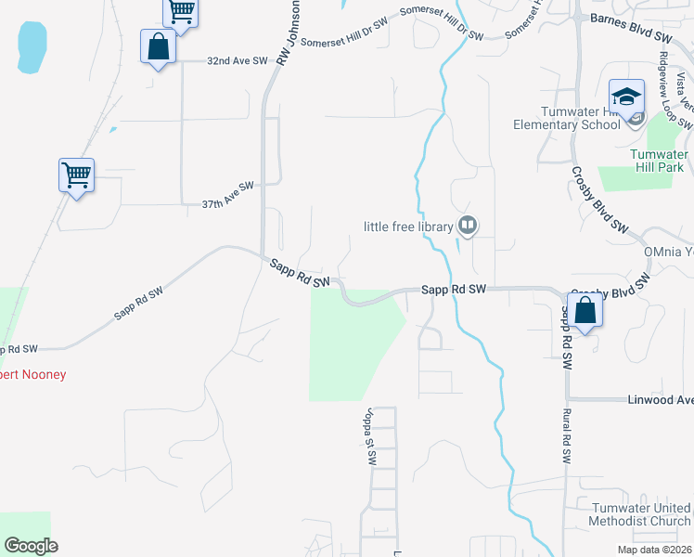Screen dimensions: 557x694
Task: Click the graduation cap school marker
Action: point(626,97)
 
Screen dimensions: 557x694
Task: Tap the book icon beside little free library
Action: point(468,226)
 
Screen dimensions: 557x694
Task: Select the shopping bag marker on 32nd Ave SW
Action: point(158,47)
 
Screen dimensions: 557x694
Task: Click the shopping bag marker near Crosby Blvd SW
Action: point(585,312)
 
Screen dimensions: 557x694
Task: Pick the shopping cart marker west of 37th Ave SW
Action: point(76,175)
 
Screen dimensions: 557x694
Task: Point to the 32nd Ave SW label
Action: point(237,60)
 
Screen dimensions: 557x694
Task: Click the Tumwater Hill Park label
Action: point(656,161)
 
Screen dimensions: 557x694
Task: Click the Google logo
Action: point(31,545)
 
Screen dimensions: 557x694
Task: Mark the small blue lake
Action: point(31,45)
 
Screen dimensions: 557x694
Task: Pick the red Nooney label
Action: point(33,374)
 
